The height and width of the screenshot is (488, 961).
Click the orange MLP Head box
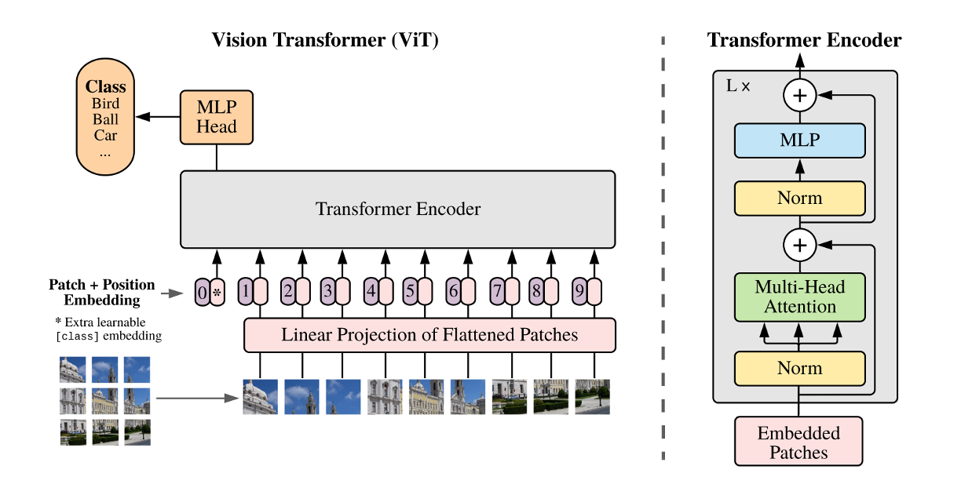tap(217, 117)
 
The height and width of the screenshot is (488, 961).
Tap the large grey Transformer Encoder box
tap(397, 209)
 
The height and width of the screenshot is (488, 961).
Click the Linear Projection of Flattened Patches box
tap(429, 336)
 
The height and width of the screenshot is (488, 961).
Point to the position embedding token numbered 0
tap(202, 293)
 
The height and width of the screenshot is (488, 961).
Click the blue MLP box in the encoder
tap(799, 140)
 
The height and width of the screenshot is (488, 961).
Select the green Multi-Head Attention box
tap(799, 297)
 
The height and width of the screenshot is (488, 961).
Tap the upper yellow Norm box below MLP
tap(799, 198)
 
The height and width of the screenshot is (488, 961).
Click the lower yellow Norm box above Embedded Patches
tap(799, 368)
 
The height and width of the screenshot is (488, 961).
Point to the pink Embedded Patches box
tap(798, 442)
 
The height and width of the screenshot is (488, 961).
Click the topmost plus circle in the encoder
tap(799, 97)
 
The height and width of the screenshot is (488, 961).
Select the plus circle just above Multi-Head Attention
tap(799, 246)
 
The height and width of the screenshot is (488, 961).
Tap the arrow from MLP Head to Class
tap(158, 117)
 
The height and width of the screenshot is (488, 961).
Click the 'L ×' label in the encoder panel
tap(738, 86)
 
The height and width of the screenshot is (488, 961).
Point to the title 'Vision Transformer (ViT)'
tap(324, 40)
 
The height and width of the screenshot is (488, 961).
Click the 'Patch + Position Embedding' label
tap(102, 292)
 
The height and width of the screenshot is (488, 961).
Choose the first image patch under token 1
tap(259, 396)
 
